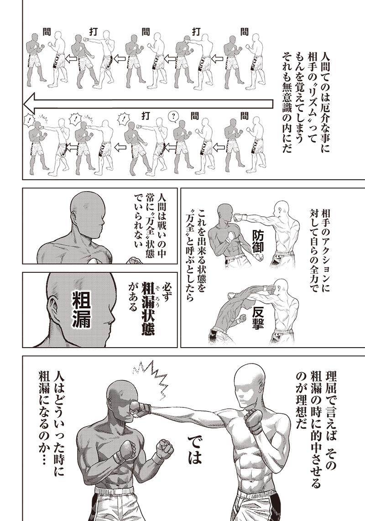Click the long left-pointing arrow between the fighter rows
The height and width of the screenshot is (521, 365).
point(148,104)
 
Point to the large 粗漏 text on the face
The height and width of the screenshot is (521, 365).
point(82,310)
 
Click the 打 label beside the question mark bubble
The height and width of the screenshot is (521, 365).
point(145,115)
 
